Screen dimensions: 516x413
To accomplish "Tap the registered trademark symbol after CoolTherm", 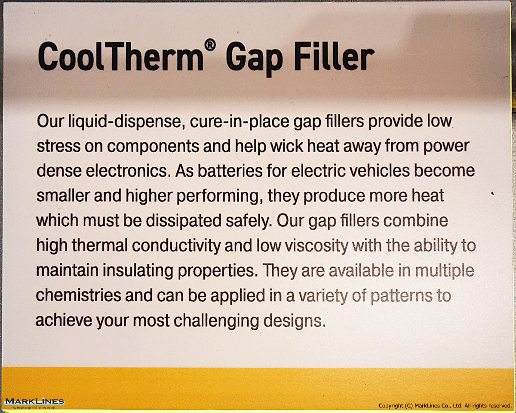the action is click(210, 45).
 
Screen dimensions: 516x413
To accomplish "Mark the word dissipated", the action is click(184, 221).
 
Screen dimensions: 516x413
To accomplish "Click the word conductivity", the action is click(176, 246).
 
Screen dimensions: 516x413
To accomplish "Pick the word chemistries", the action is click(79, 295).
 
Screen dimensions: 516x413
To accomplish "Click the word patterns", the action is click(400, 296).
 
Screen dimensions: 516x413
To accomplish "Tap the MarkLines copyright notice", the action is click(445, 406).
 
